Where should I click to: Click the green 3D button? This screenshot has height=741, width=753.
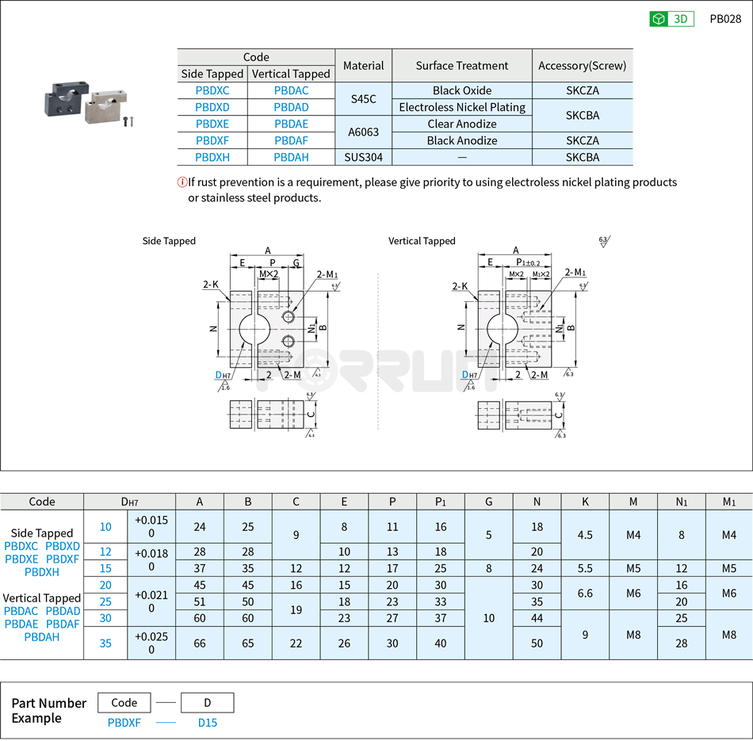click(671, 19)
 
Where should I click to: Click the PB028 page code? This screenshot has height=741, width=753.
click(725, 19)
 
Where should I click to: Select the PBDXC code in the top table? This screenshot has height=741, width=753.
click(212, 90)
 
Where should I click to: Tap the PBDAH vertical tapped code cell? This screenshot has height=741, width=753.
click(291, 157)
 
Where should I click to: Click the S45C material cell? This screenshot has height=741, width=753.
click(364, 99)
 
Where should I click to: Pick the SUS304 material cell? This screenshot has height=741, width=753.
click(364, 157)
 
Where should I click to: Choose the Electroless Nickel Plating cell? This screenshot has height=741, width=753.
click(462, 107)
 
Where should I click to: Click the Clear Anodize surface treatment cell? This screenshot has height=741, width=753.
click(462, 124)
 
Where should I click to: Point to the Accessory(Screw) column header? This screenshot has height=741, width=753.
click(582, 66)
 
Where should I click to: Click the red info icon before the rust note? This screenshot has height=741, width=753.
click(182, 182)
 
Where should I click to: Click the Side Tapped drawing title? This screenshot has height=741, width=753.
click(169, 241)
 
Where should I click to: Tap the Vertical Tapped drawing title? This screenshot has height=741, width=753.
click(422, 241)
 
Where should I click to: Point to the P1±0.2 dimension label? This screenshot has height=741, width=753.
click(527, 262)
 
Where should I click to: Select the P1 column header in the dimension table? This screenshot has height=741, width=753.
click(441, 501)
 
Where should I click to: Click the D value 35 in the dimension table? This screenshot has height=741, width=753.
click(105, 643)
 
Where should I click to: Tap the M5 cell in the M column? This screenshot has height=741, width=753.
click(633, 568)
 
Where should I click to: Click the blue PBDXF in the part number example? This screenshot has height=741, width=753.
click(124, 722)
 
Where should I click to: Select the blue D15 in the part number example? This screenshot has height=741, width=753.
click(207, 722)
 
